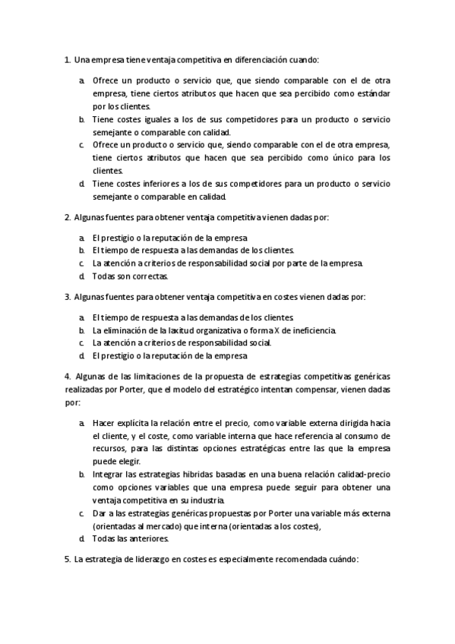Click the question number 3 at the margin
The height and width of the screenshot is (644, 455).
[68, 297]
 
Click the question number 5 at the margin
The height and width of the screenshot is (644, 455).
[68, 559]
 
